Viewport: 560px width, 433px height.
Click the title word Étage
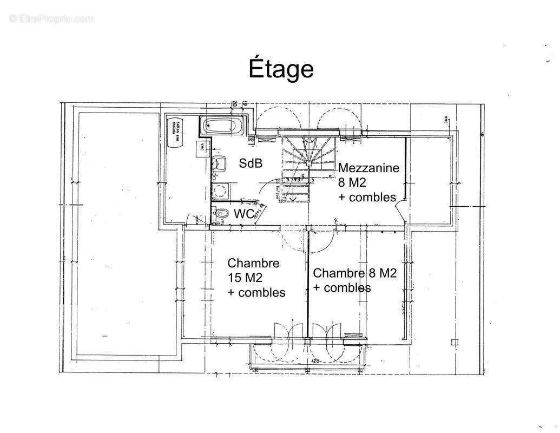coord(281,69)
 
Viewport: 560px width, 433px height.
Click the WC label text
coord(244,214)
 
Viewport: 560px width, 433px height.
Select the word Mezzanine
coord(368,168)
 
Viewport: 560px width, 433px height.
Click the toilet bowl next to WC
coord(220,213)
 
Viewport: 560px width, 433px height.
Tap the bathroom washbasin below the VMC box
coord(219,163)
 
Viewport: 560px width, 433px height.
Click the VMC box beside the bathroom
coord(202,150)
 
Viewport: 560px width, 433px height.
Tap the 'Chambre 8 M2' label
coord(354,273)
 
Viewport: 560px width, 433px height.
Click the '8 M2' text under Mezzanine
coord(352,182)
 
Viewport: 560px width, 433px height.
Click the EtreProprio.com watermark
coord(52,19)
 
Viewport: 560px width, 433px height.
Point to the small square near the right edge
coord(454,342)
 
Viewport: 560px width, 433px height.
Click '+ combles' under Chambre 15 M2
coord(256,292)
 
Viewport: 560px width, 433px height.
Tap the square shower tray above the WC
coord(220,191)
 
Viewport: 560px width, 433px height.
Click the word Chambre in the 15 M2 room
coord(253,264)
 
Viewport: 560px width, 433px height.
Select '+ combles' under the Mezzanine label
coord(367,197)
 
